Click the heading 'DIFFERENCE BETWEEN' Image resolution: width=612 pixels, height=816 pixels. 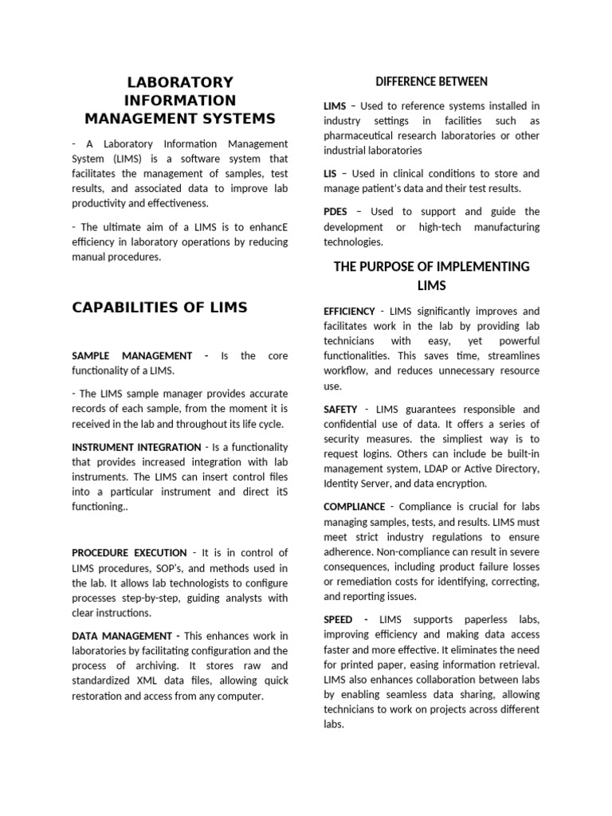tap(431, 81)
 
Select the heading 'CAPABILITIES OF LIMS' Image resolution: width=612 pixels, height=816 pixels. tap(159, 308)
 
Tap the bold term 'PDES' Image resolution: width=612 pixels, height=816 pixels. tap(335, 211)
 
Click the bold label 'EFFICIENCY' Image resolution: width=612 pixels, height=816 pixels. tap(349, 311)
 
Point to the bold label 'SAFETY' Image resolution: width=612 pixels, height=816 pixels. tap(340, 409)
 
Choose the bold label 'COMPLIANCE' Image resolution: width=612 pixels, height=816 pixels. tap(354, 507)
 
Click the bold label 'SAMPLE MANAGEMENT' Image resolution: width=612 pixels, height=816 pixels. tap(131, 355)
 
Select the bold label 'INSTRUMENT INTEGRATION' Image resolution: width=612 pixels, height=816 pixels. tap(136, 447)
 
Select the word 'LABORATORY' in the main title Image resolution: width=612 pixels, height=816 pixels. tap(181, 82)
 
